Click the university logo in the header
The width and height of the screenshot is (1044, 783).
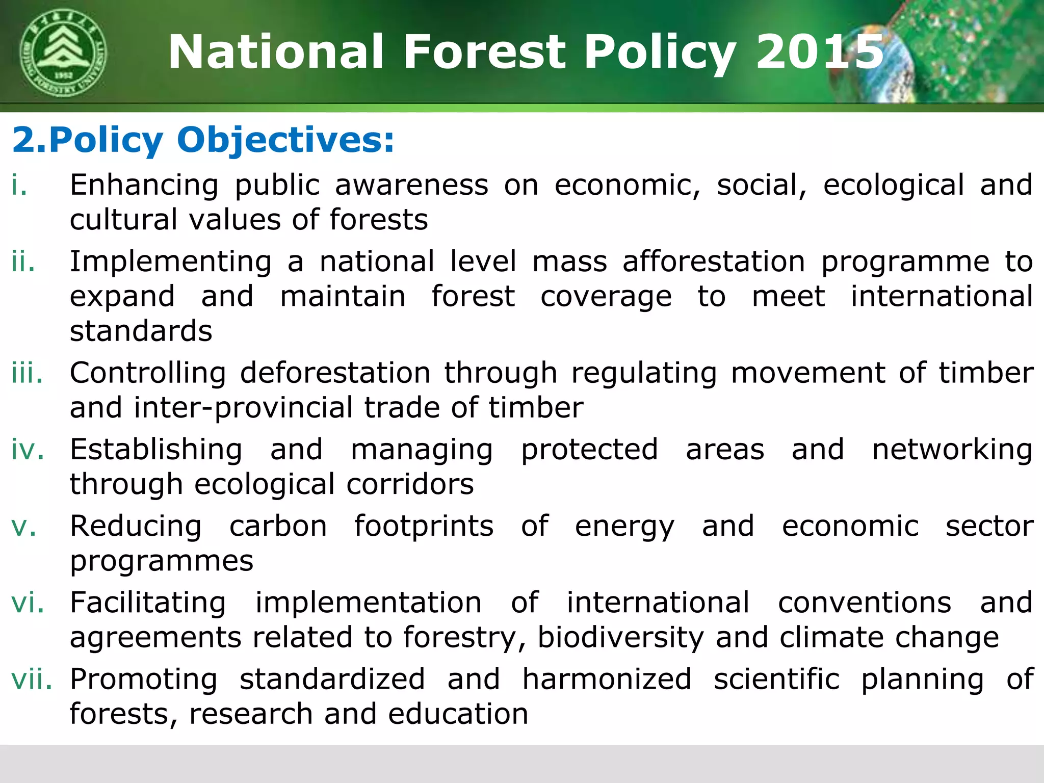(63, 53)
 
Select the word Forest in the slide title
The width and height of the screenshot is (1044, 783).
(484, 52)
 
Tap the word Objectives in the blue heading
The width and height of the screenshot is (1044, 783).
(285, 140)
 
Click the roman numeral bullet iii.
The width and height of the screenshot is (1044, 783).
(28, 373)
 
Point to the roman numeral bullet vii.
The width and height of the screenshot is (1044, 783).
(32, 679)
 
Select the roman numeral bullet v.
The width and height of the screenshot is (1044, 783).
(24, 526)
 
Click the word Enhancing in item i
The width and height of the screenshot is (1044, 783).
(144, 185)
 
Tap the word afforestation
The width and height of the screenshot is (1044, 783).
(714, 262)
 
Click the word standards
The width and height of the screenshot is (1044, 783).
(141, 331)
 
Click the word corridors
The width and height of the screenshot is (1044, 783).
(410, 484)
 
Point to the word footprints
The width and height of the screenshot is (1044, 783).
(424, 526)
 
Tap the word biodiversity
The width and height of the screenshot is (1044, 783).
(620, 638)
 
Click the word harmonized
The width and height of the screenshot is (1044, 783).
(607, 679)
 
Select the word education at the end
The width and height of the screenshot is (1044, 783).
(458, 714)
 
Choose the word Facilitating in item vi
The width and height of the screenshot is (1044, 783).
(148, 603)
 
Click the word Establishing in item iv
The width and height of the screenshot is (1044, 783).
(156, 450)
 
